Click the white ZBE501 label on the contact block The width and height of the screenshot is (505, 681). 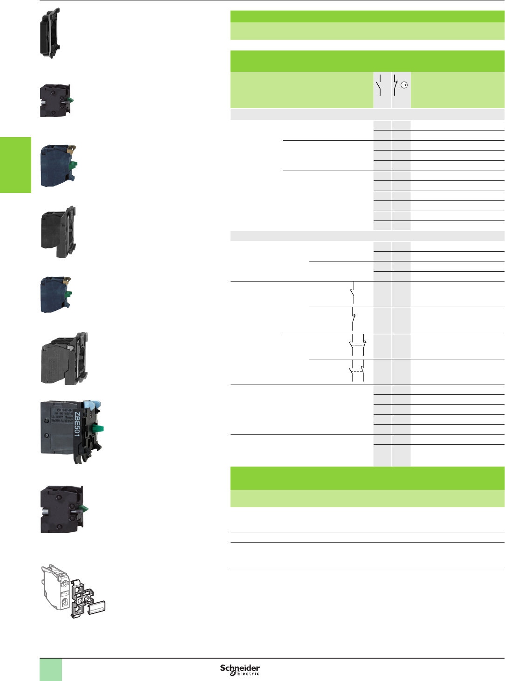pos(77,425)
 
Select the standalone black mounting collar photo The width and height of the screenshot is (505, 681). pos(50,33)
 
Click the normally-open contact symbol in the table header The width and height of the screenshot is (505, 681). pos(380,85)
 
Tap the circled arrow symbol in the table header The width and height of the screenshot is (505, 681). pos(404,85)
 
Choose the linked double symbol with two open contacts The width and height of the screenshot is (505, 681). pos(357,371)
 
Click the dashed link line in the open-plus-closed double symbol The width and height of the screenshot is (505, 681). pos(357,345)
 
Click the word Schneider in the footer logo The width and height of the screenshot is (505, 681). pos(240,667)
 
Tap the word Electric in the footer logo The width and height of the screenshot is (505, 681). pos(248,674)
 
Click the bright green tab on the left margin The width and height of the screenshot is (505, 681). pos(15,165)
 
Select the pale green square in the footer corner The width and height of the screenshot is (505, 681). pos(51,669)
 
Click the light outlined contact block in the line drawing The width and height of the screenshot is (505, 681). pos(55,587)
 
